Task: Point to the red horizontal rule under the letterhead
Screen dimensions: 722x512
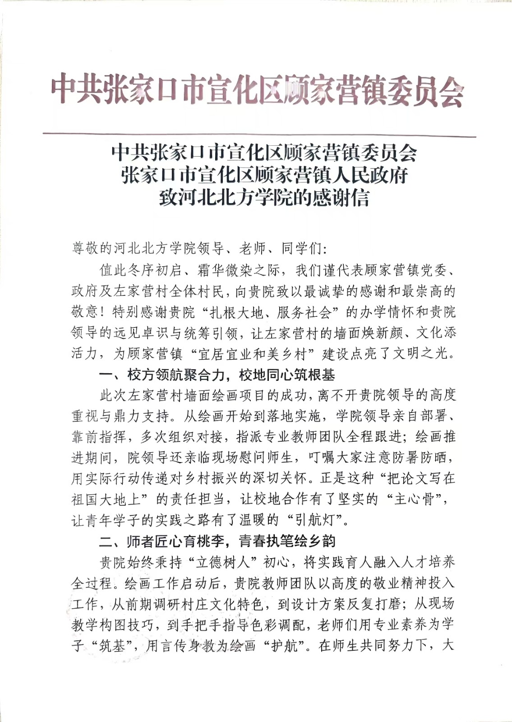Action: [x=259, y=134]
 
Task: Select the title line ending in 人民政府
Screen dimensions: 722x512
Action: [x=264, y=175]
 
